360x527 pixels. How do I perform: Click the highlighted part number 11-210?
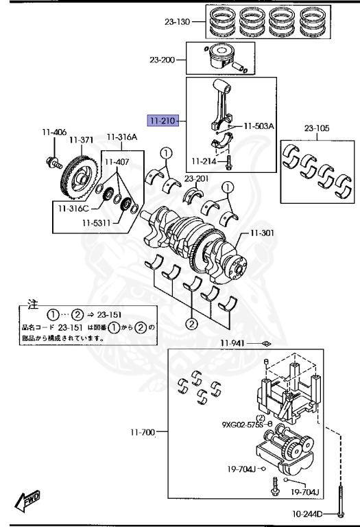[163, 120]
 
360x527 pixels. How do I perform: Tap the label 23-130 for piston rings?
[177, 22]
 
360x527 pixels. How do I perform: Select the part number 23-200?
[163, 60]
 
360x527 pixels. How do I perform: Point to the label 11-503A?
[259, 126]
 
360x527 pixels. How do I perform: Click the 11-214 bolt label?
[204, 161]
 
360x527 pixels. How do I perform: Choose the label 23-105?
[317, 128]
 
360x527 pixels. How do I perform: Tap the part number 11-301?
[262, 233]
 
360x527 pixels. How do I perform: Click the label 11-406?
[54, 132]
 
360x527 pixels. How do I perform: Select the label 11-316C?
[73, 209]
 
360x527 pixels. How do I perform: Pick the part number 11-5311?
[97, 222]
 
